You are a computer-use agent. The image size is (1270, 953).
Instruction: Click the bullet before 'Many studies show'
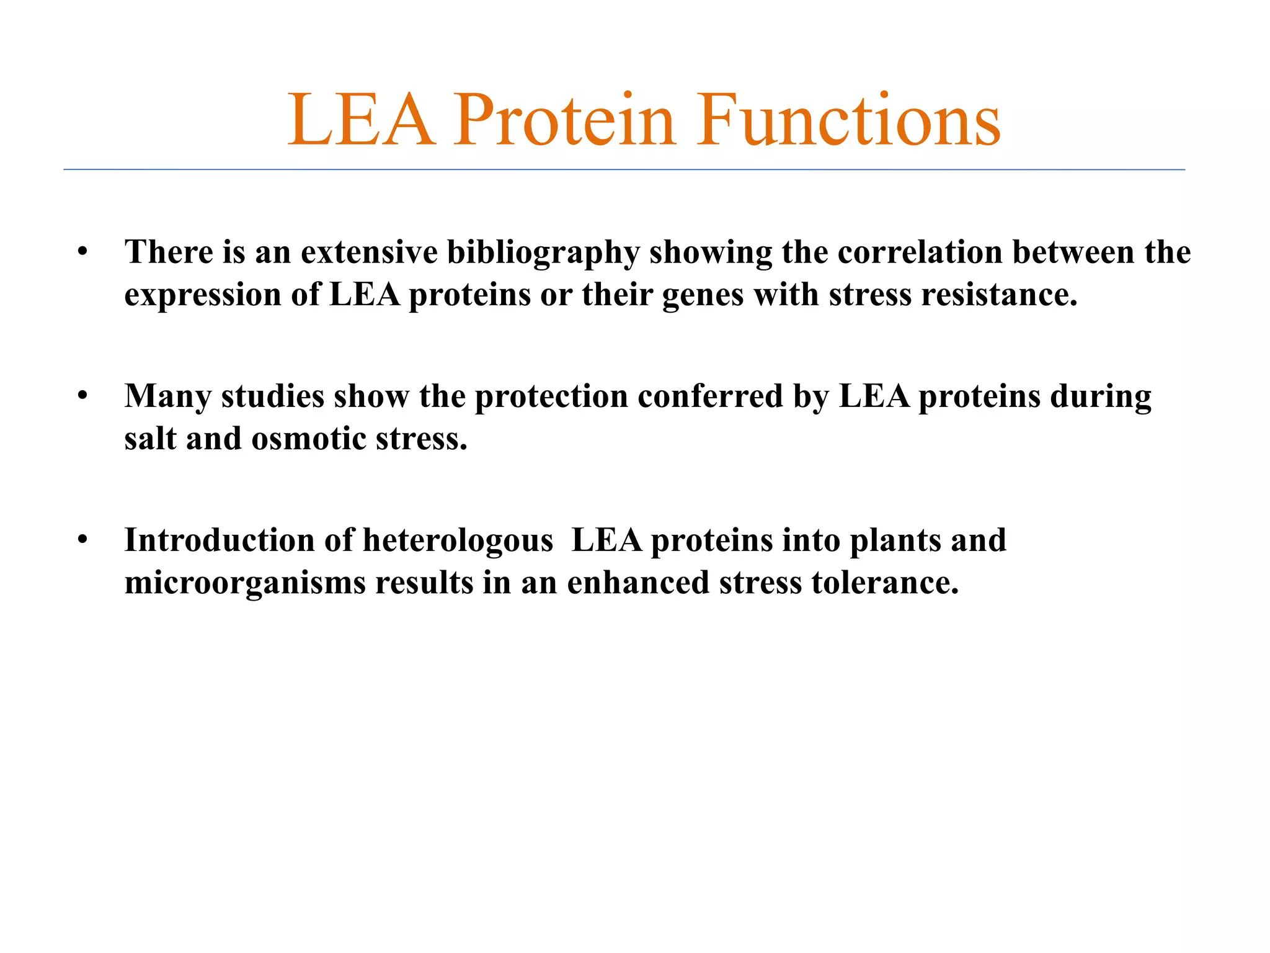coord(83,396)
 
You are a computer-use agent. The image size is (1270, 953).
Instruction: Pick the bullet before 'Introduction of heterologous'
coord(83,540)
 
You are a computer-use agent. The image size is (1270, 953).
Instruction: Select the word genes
coord(703,295)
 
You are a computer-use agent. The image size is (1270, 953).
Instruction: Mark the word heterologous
coord(458,540)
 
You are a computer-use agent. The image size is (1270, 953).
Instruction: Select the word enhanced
coord(638,583)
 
